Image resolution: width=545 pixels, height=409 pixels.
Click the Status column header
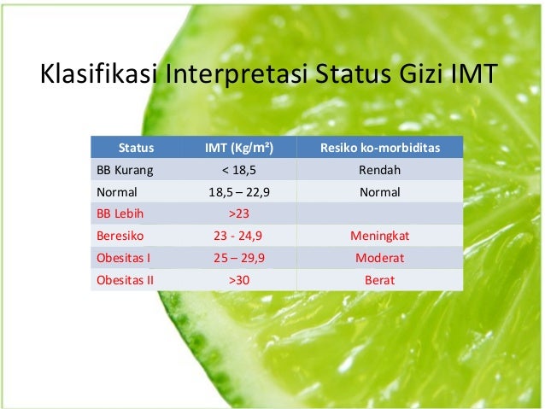(x=136, y=149)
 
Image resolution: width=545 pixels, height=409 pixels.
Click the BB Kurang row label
(x=124, y=170)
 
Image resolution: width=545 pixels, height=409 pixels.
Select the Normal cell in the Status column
(x=116, y=192)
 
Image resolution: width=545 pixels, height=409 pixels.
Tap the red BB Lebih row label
(x=120, y=213)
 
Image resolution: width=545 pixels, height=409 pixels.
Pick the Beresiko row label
(x=119, y=236)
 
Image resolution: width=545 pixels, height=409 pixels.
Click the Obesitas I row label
(x=122, y=257)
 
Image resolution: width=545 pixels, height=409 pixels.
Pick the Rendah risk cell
(x=379, y=170)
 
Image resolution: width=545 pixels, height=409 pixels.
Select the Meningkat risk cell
(x=379, y=236)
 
